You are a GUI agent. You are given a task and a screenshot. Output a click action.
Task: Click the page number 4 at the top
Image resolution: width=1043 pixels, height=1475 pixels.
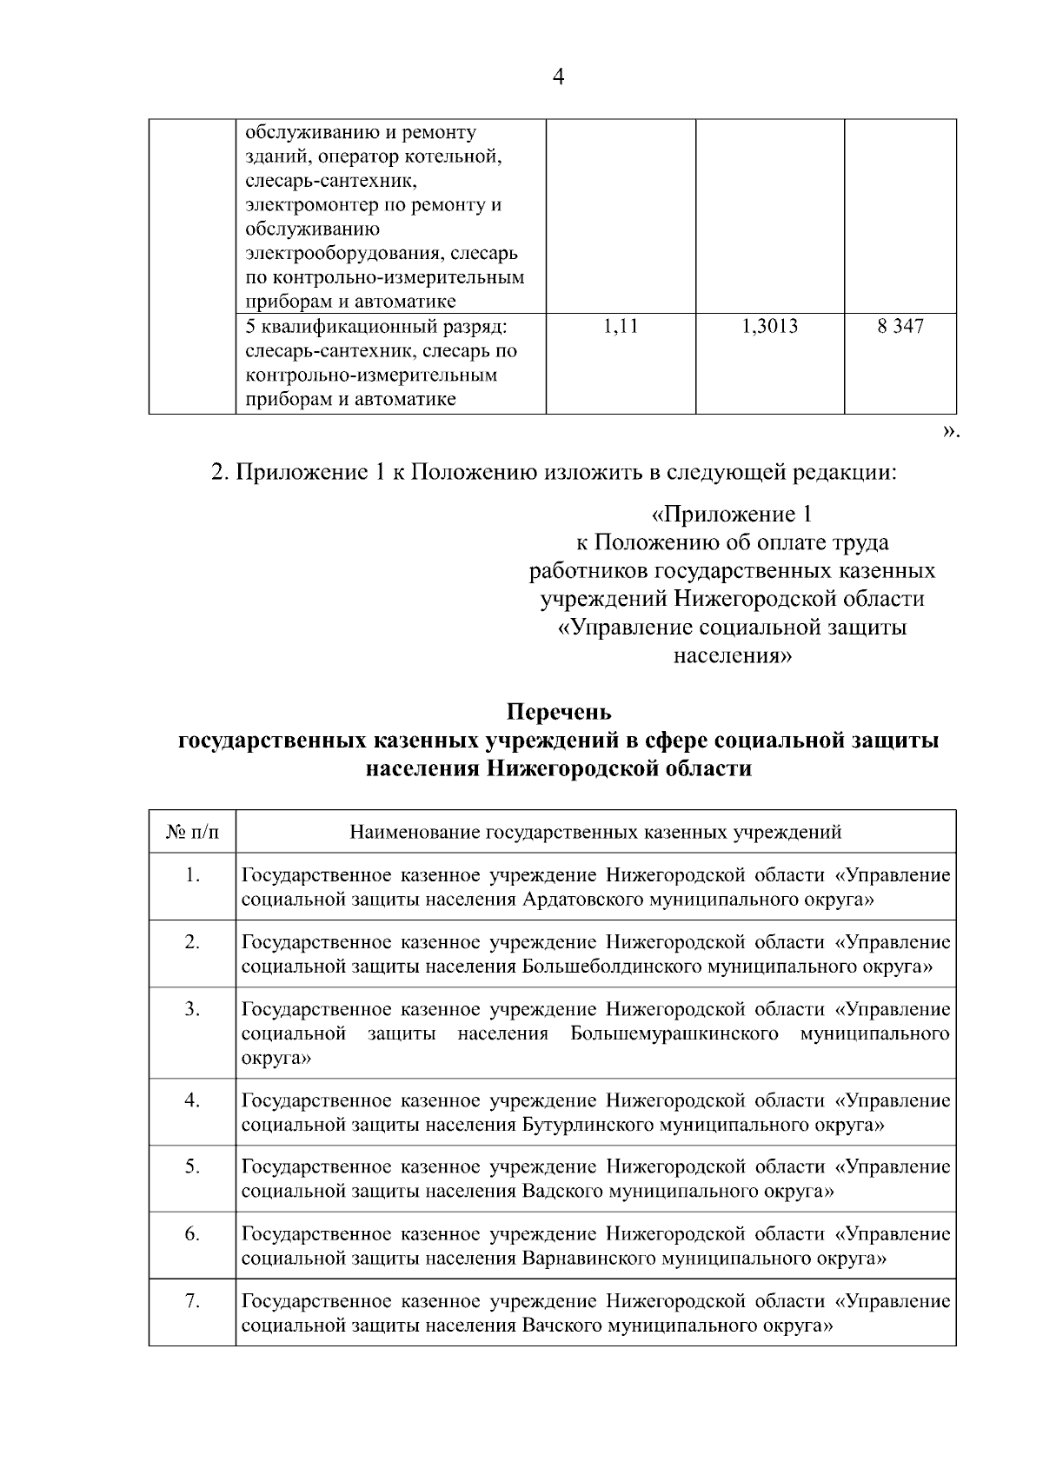559,77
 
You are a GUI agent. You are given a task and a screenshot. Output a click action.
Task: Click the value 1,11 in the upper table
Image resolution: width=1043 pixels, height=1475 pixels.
620,327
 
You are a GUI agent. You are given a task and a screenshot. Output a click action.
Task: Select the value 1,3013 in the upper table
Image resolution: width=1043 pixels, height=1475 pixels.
769,327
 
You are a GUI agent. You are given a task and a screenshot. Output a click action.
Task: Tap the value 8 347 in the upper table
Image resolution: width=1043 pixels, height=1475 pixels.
900,327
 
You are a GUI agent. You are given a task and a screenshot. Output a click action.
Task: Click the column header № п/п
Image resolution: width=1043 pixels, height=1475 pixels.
192,833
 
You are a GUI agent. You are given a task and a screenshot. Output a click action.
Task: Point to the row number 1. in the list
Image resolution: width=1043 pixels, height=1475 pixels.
192,875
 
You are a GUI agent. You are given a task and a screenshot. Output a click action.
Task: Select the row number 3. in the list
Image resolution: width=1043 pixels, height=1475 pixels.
192,1009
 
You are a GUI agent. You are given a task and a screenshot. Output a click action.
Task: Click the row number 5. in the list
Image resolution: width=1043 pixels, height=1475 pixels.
192,1166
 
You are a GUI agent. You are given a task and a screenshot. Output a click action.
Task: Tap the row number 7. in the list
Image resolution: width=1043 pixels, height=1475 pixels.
192,1301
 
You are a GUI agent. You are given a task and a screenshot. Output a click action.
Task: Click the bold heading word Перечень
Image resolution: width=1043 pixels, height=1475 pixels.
559,712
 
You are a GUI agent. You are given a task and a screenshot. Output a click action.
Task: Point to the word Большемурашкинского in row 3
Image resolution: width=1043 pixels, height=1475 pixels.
674,1034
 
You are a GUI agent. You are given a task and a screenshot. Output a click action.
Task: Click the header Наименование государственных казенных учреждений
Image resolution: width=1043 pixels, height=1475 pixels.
595,833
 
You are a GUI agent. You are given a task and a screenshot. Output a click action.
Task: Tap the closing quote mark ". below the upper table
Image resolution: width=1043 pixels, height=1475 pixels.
951,432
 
